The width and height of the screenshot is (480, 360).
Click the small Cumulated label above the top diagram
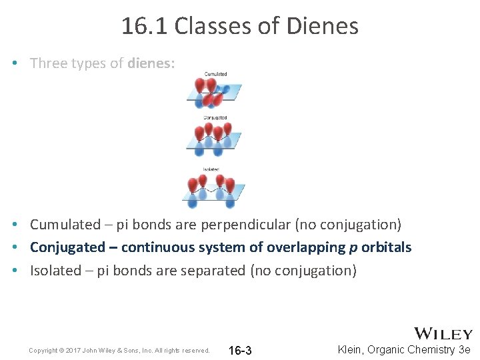click(x=215, y=74)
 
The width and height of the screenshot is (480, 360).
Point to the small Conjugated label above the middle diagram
click(x=215, y=118)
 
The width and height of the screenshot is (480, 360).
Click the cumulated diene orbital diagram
click(x=214, y=92)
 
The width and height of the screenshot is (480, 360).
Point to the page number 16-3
click(x=240, y=351)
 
